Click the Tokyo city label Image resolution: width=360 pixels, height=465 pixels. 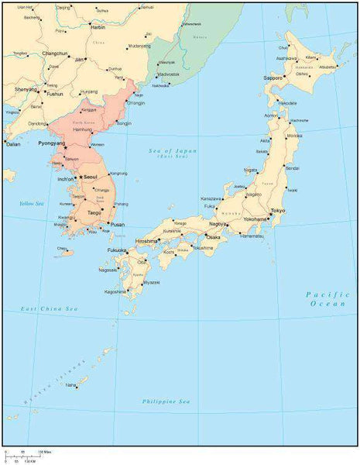point(279,211)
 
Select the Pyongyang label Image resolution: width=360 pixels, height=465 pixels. point(52,143)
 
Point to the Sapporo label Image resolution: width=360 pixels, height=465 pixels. point(273,78)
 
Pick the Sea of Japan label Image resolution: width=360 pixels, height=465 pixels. point(173,151)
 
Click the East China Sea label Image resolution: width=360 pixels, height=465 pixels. point(50,309)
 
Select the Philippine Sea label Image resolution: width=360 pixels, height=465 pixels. point(166,401)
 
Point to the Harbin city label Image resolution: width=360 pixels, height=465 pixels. point(98,26)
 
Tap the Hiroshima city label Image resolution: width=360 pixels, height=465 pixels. point(146,241)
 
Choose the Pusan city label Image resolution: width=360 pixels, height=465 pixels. point(117,224)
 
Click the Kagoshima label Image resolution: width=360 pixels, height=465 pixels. point(115,291)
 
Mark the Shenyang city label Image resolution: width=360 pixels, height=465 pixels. point(26,89)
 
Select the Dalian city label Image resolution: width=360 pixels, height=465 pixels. point(13,143)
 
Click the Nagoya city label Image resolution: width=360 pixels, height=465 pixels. point(218,224)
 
